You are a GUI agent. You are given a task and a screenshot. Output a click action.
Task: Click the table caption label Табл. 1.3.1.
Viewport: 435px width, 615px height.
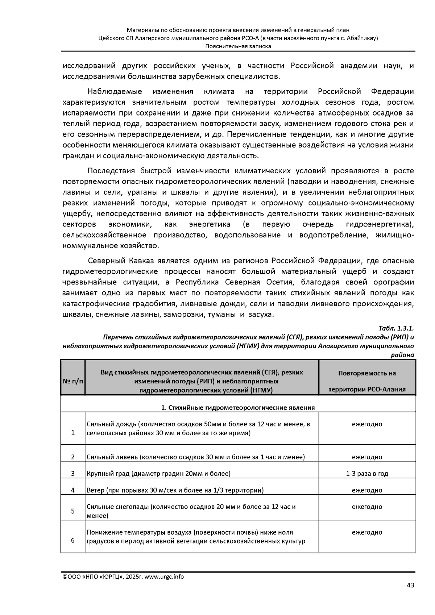[x=396, y=329]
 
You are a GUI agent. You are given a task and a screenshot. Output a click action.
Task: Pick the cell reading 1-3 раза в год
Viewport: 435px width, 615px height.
[x=367, y=474]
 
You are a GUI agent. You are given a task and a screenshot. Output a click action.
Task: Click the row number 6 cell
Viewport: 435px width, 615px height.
[x=73, y=540]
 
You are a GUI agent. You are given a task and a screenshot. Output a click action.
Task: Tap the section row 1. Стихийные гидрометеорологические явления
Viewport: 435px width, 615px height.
[x=238, y=407]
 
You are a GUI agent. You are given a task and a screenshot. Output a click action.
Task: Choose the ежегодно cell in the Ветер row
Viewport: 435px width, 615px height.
[x=367, y=490]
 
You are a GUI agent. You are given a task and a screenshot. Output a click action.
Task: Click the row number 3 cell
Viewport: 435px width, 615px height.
[x=73, y=474]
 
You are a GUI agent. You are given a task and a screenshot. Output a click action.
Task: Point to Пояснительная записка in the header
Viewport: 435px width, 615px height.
[x=238, y=46]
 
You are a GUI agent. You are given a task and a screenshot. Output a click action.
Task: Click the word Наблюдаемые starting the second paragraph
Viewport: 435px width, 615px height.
[x=115, y=91]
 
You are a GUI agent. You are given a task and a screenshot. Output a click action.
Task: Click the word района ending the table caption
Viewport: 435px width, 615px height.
[x=402, y=355]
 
